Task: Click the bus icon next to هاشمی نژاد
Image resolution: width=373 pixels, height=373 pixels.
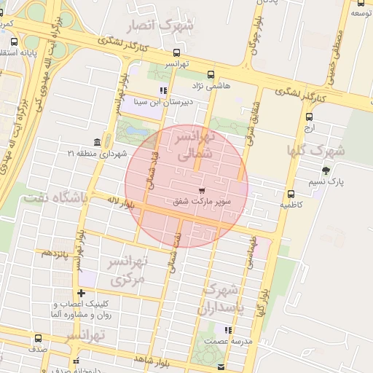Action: (x=211, y=74)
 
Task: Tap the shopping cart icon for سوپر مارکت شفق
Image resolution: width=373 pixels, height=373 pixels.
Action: (x=200, y=191)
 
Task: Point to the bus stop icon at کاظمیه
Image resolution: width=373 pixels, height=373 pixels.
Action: (x=291, y=194)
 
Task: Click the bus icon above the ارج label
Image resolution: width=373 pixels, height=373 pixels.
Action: (x=310, y=117)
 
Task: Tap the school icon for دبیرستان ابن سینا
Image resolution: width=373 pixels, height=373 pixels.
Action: (x=163, y=91)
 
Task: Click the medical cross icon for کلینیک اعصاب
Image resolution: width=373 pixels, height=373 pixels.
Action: (x=82, y=293)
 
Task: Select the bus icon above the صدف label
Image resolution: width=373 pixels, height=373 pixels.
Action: (x=39, y=338)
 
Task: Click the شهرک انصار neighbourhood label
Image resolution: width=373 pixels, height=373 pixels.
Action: (x=162, y=26)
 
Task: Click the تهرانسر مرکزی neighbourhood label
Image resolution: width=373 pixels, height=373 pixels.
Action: (x=128, y=270)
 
